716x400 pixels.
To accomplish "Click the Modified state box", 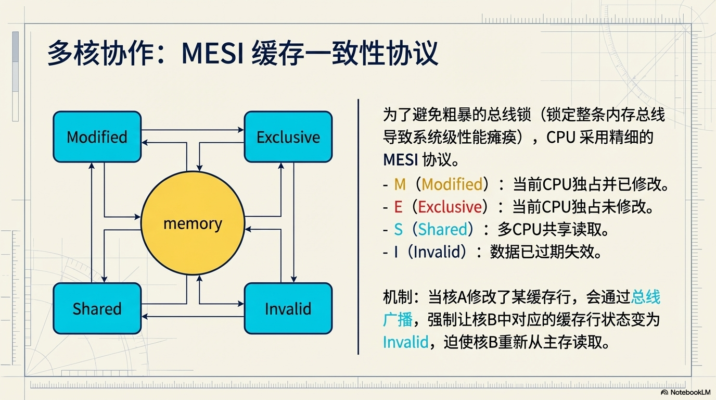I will [x=97, y=137].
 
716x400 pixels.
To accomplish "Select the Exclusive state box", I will [x=288, y=137].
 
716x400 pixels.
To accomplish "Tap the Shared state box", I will [x=97, y=308].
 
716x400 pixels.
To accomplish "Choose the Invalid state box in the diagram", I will [x=288, y=308].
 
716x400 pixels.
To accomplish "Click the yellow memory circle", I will [x=193, y=224].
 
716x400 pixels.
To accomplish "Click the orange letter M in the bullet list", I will [x=400, y=184].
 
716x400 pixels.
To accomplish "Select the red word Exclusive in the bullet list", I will [x=450, y=207].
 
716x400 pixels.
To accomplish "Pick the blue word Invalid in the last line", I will [x=405, y=342].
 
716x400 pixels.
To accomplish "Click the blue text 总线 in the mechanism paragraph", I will [x=645, y=297].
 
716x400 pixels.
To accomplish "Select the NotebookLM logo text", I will [x=689, y=392].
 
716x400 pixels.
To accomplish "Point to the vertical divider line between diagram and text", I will [x=359, y=227].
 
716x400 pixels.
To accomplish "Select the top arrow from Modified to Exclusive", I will [x=193, y=130].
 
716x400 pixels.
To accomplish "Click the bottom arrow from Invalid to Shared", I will [x=193, y=316].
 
